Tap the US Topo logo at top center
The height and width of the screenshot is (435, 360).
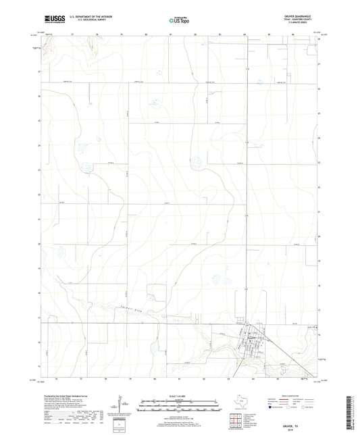(x=179, y=20)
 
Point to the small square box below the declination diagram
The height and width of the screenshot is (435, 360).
(x=120, y=426)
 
